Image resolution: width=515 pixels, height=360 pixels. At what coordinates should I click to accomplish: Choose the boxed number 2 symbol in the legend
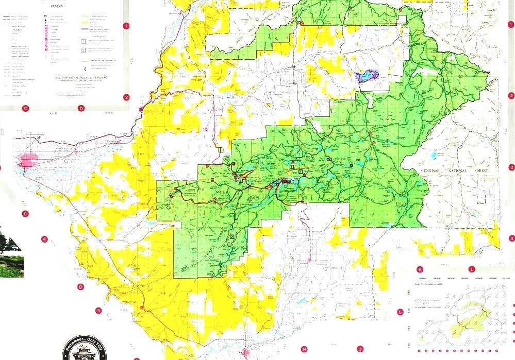click(x=83, y=50)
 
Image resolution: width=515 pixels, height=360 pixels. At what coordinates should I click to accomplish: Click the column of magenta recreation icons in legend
click(x=46, y=36)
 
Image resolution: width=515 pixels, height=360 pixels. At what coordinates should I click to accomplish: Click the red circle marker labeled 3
click(x=511, y=167)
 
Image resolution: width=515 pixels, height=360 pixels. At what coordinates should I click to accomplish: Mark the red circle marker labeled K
click(x=420, y=269)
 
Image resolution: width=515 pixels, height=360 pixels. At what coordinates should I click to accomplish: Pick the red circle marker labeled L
click(x=471, y=269)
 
